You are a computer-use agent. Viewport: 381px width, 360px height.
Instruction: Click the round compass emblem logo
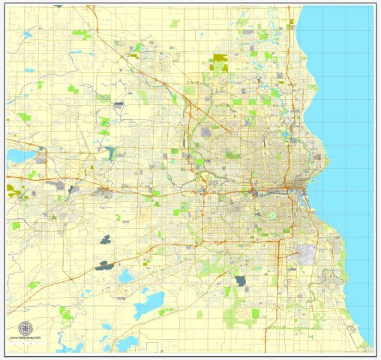coord(26,328)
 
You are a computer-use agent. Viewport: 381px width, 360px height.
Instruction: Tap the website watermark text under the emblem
coord(26,338)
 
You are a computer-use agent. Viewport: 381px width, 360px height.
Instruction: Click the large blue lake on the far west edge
coord(15,156)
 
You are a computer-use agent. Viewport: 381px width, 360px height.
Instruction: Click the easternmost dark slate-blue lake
coord(240,281)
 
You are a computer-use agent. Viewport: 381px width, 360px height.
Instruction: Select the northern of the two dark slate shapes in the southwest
coord(103,241)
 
